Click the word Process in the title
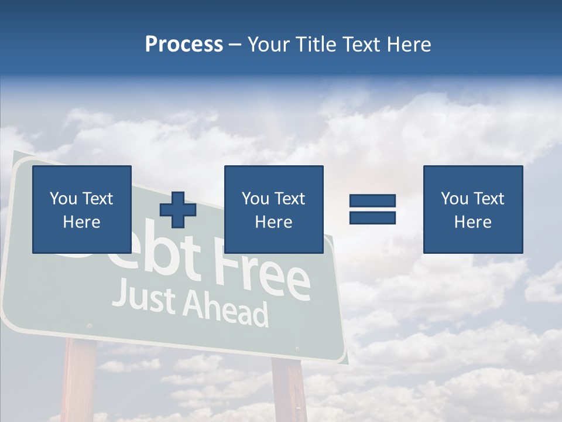point(184,45)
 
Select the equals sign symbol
point(372,209)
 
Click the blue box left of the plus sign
point(81,209)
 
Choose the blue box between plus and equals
point(273,209)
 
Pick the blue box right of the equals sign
point(472,209)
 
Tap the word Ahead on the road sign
point(225,309)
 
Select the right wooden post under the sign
point(289,390)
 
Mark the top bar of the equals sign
point(372,201)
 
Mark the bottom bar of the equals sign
point(372,217)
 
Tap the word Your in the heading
point(268,45)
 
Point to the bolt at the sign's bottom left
point(89,325)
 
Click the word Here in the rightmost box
point(472,222)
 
